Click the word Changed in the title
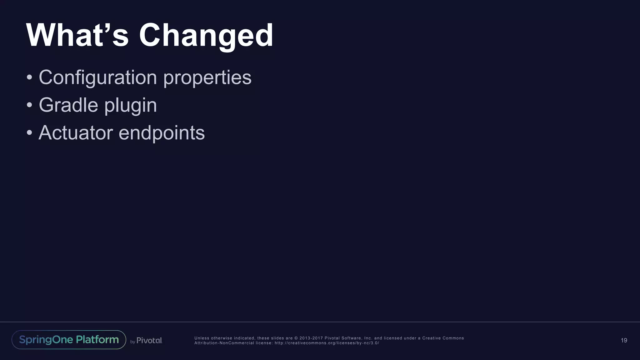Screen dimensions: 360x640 (x=206, y=36)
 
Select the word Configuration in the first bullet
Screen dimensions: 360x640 (x=97, y=77)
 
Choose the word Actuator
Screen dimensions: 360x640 (x=76, y=133)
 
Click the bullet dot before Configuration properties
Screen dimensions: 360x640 (x=29, y=77)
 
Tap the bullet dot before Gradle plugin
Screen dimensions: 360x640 (x=29, y=105)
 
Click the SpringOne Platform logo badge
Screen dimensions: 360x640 (x=69, y=340)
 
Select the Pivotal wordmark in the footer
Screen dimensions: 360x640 (x=149, y=340)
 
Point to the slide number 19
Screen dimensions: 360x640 (x=624, y=340)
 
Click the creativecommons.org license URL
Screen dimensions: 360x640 (x=327, y=343)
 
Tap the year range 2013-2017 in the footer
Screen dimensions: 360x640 (x=311, y=338)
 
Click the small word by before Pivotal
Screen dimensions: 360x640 (x=132, y=342)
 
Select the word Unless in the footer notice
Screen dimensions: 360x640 (x=202, y=338)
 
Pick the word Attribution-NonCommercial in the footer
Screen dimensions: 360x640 (x=224, y=343)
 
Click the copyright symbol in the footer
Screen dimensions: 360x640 (x=296, y=338)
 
